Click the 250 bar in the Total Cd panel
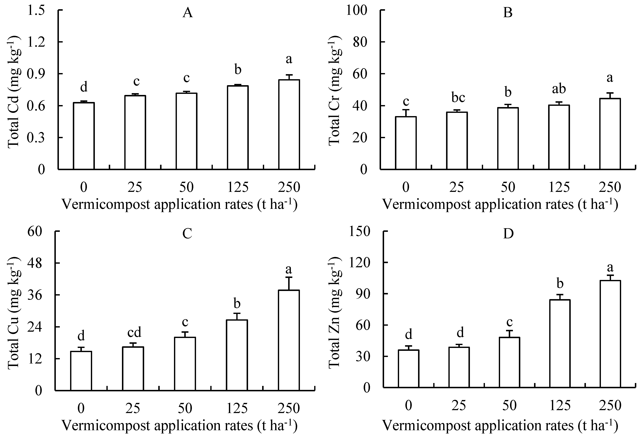pos(289,124)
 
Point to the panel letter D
pos(508,234)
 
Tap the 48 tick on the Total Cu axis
pos(35,263)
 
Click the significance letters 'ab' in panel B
pos(559,89)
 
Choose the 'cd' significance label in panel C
pos(134,332)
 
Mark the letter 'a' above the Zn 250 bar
pos(610,267)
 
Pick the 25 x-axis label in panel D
pos(459,406)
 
